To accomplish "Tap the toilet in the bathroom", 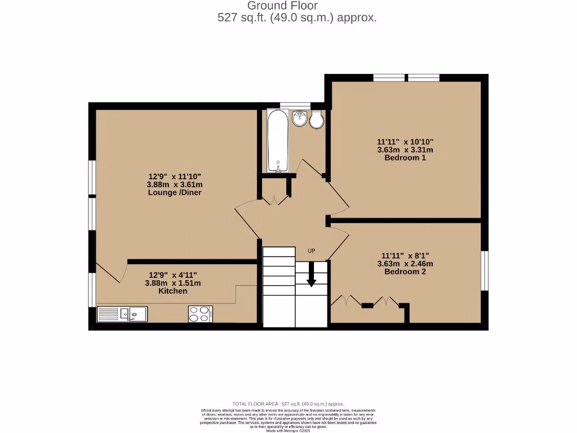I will point(317,120).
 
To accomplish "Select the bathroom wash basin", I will point(300,119).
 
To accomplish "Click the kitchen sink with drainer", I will point(122,314).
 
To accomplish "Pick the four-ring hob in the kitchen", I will point(200,313).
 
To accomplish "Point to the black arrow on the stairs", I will point(311,280).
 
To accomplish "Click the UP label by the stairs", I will point(311,250).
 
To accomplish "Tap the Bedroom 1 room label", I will point(405,158).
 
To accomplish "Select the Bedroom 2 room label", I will point(405,271).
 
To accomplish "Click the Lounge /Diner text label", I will point(175,192).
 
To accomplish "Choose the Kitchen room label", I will point(173,291).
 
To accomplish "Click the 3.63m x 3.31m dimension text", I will point(405,150).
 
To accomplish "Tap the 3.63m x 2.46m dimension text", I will point(405,263).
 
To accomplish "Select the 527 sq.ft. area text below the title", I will point(297,17).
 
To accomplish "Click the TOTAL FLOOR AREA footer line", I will point(288,404).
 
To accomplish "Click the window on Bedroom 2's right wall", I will point(484,271).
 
